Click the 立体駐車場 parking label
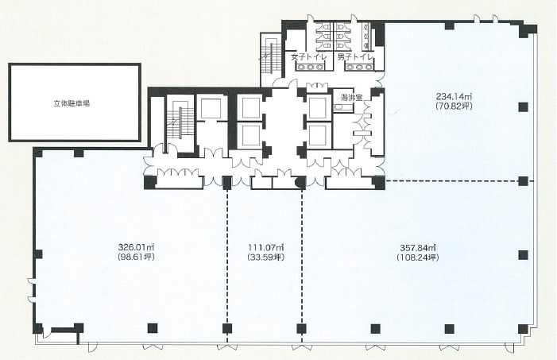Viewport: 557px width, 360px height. pyautogui.click(x=72, y=103)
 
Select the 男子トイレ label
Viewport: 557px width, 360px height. pyautogui.click(x=356, y=57)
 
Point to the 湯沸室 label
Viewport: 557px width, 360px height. pyautogui.click(x=351, y=98)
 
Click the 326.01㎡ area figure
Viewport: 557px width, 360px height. pyautogui.click(x=136, y=247)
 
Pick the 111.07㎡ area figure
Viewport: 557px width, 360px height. pyautogui.click(x=265, y=247)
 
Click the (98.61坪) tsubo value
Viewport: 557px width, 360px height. pyautogui.click(x=136, y=257)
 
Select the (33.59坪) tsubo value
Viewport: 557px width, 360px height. pyautogui.click(x=265, y=257)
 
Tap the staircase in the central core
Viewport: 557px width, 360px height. pyautogui.click(x=180, y=122)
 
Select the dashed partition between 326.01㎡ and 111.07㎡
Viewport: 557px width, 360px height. pyautogui.click(x=227, y=266)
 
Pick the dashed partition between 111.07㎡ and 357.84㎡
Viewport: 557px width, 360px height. pyautogui.click(x=302, y=266)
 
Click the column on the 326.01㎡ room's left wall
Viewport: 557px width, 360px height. pyautogui.click(x=38, y=254)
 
